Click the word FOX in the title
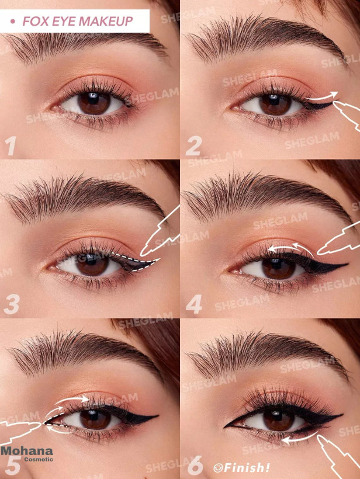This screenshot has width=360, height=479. pos(32,21)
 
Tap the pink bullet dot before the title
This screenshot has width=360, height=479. pos(12,22)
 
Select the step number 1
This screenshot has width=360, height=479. pos(11,145)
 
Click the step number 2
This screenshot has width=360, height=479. pos(194,145)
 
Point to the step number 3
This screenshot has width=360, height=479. pos(12,304)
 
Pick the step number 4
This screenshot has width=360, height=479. pos(194,304)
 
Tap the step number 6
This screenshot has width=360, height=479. pos(195,465)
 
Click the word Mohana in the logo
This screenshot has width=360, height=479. pos(27,451)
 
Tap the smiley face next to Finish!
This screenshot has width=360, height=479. pos(218,468)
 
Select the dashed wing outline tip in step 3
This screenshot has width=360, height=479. pos(159,260)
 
